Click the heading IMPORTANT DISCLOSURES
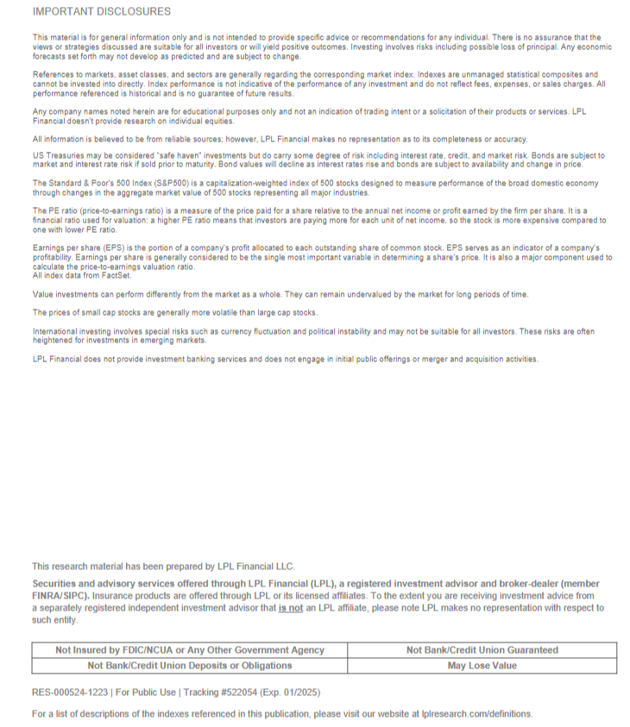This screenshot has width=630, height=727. pos(102,12)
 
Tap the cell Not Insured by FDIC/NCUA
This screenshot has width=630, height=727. pos(190,650)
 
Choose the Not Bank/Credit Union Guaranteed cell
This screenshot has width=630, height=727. pos(482,650)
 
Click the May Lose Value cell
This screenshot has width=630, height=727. pos(482,666)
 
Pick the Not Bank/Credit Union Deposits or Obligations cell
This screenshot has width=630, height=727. pos(190,666)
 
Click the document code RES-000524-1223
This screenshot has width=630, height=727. pos(70,693)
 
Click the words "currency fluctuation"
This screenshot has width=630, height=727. pos(257,331)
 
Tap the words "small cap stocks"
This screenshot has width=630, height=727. pos(102,312)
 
